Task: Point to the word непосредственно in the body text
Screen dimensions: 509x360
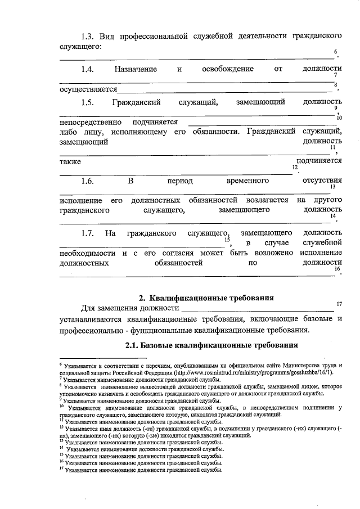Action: (88, 121)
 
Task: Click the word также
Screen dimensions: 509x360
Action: (70, 161)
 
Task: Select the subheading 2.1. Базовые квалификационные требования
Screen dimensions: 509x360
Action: (211, 344)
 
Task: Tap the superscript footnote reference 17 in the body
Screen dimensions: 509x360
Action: (339, 304)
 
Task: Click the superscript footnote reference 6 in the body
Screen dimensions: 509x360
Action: (336, 52)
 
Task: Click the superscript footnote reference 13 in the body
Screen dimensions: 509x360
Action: (333, 187)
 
